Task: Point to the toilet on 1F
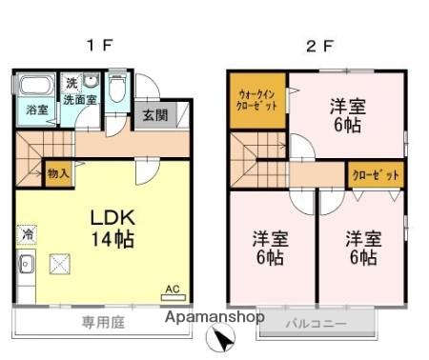117,90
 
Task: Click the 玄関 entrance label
153,115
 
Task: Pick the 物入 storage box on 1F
56,174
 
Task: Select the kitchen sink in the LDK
26,264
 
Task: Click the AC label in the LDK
173,289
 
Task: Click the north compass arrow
221,336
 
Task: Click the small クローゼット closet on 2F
374,175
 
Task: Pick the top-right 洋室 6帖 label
347,112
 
